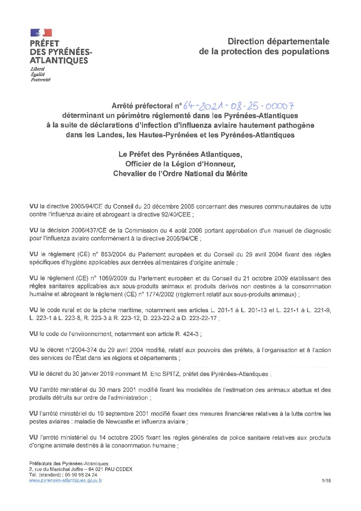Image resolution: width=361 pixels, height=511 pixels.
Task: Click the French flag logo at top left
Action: (41, 33)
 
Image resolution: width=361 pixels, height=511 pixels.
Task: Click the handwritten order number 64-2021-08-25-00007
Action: (239, 106)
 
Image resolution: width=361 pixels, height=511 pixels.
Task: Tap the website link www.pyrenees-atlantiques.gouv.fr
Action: (66, 480)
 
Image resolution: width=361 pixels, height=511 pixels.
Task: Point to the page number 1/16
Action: (326, 481)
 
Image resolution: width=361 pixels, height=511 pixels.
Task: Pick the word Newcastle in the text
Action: (119, 422)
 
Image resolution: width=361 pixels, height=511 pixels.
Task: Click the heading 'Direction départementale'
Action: (278, 42)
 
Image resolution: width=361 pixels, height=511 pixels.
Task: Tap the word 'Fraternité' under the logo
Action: (41, 80)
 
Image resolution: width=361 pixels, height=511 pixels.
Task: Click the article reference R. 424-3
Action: (187, 334)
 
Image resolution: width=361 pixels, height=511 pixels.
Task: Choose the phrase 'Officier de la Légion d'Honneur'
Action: (180, 164)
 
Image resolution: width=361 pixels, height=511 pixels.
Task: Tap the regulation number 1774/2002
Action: (160, 294)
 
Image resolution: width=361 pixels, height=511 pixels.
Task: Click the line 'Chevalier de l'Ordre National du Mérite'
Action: (180, 174)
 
